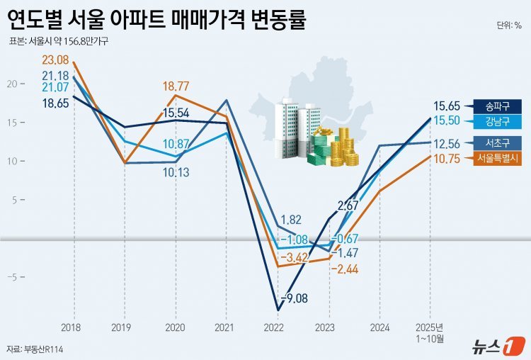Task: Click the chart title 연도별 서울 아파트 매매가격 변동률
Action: (x=156, y=20)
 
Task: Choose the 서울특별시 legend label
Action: (x=497, y=158)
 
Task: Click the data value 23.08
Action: (x=55, y=60)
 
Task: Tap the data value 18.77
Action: (x=176, y=86)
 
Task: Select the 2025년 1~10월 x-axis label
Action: (x=430, y=332)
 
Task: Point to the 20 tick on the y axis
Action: (x=11, y=84)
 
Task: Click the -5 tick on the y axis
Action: (x=11, y=277)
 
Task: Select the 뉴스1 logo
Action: (x=498, y=347)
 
